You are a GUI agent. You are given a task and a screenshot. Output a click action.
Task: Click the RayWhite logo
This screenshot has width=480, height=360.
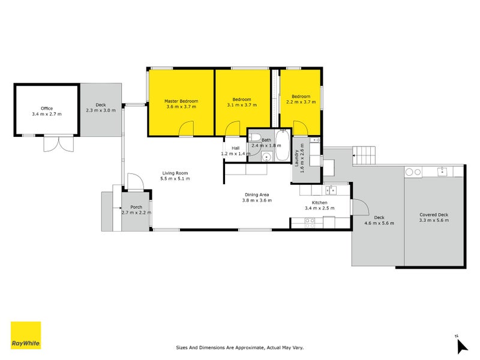tap(26, 335)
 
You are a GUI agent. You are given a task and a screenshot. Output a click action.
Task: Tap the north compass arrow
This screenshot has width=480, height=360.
tap(461, 346)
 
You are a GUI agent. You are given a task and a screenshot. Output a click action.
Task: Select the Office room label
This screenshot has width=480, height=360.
tap(47, 109)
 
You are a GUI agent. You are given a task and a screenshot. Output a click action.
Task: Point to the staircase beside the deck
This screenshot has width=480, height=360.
tap(365, 155)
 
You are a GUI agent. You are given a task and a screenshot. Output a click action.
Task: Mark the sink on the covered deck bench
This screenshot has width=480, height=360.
tap(443, 172)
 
